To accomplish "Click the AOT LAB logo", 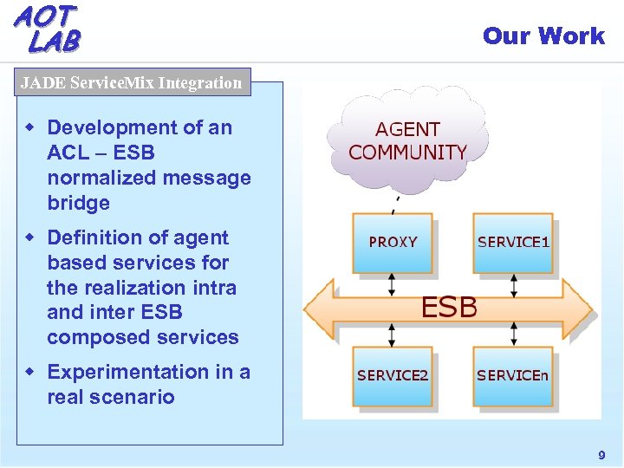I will (48, 28).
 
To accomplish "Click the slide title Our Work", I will (543, 36).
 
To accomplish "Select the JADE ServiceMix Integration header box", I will (132, 83).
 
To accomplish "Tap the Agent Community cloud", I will (407, 140).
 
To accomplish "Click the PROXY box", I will (393, 243).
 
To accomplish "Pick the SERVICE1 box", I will (513, 243).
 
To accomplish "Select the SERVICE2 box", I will (393, 375).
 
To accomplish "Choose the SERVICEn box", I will (513, 375).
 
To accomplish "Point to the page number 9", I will (601, 455).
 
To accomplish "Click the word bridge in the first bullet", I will (79, 204).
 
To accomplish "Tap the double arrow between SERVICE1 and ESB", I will (514, 284).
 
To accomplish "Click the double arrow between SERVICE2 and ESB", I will (393, 334).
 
